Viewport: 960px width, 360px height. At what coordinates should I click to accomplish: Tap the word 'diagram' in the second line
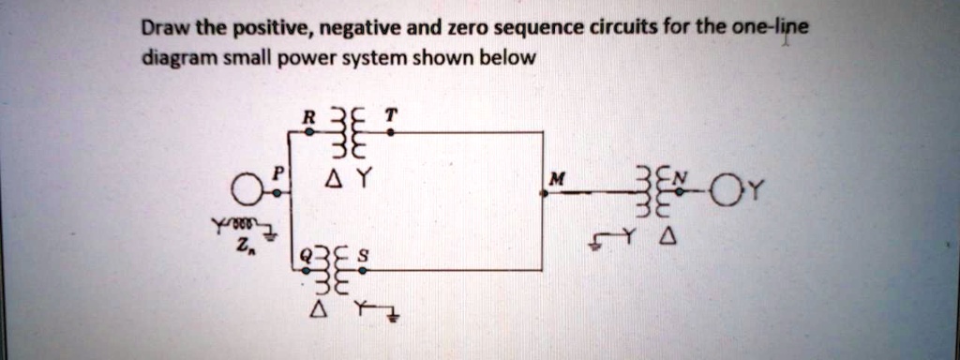pyautogui.click(x=173, y=58)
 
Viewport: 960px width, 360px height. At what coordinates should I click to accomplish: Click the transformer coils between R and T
pyautogui.click(x=349, y=137)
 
